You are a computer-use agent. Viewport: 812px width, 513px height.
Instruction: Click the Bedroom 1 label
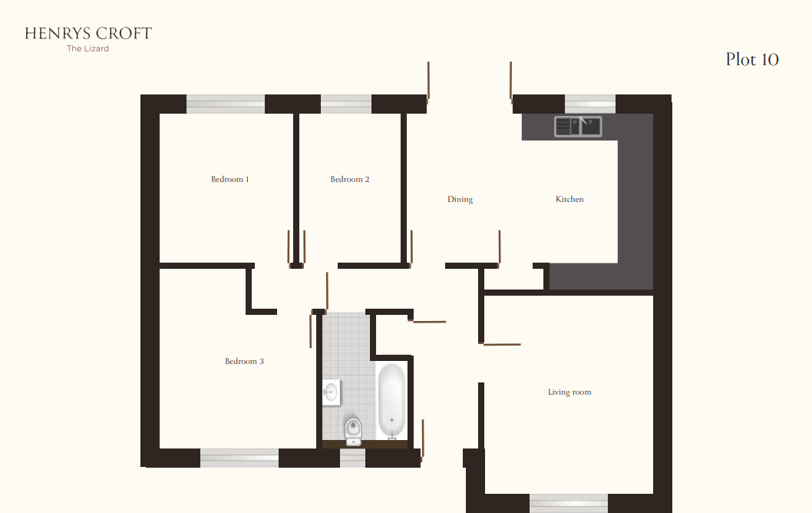[x=230, y=180]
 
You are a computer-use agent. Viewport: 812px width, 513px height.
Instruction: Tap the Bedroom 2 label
[x=350, y=180]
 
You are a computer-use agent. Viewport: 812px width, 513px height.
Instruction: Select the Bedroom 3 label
[x=244, y=362]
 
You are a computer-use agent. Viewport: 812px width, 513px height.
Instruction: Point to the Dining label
[x=460, y=200]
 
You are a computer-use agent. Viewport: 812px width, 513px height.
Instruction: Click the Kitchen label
[x=569, y=200]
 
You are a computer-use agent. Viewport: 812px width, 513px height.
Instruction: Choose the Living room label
[x=569, y=392]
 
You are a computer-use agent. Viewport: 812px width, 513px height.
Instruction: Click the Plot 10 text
[x=752, y=60]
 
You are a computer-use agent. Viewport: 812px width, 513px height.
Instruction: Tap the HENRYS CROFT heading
[x=88, y=33]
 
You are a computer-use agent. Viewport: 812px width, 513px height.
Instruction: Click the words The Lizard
[x=88, y=49]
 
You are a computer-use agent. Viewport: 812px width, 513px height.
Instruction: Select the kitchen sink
[x=578, y=126]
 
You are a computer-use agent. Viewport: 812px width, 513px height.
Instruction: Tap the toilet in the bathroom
[x=353, y=430]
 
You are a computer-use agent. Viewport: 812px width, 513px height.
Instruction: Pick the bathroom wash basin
[x=331, y=392]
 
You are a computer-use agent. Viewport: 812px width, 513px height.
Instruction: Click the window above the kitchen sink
[x=590, y=104]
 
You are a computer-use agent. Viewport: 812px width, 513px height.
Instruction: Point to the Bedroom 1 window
[x=226, y=104]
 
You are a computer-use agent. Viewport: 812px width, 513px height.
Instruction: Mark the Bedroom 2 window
[x=346, y=104]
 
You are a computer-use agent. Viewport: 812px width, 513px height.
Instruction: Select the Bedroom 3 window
[x=239, y=458]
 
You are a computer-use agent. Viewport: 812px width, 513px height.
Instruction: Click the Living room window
[x=569, y=503]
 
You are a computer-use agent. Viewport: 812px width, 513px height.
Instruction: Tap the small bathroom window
[x=352, y=458]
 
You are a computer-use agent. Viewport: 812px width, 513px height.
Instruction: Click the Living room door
[x=501, y=344]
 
